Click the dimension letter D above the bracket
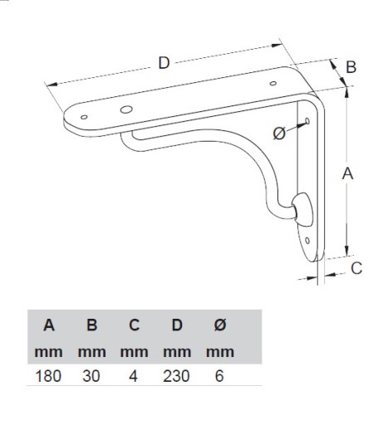pos(164,63)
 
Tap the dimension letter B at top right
pos(351,67)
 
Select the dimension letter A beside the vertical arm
pos(347,173)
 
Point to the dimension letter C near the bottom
pos(356,268)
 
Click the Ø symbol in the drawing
pos(279,133)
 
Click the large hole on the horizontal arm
pos(126,110)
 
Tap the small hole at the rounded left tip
pos(84,117)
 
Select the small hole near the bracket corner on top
pos(273,83)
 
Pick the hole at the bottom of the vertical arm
pos(307,241)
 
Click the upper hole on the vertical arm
pos(307,121)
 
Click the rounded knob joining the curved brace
pos(303,209)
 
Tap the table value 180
pos(48,376)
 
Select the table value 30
pos(91,376)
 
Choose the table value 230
pos(176,376)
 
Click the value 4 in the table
pos(133,376)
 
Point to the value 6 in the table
pos(219,376)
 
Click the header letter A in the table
pos(49,325)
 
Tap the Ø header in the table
pos(220,325)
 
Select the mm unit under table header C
pos(134,352)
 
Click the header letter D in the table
pos(177,325)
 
